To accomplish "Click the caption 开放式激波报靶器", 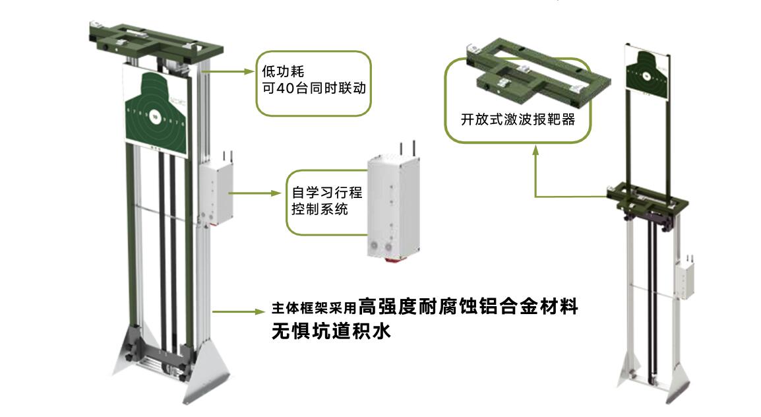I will tap(518, 119).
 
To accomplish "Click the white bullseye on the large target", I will tap(154, 117).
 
